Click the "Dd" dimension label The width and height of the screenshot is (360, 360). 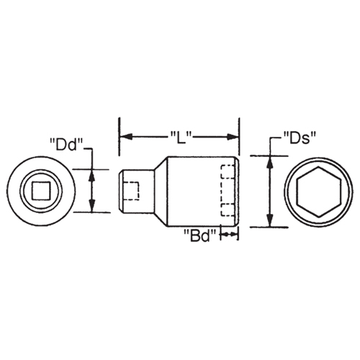pyautogui.click(x=65, y=143)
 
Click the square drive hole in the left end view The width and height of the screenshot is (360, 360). pyautogui.click(x=37, y=190)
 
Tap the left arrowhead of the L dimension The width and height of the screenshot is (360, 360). pyautogui.click(x=123, y=135)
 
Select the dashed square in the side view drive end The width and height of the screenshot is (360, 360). pyautogui.click(x=132, y=190)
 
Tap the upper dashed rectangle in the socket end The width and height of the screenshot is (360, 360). pyautogui.click(x=228, y=174)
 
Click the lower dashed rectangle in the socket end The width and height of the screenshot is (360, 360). pyautogui.click(x=228, y=210)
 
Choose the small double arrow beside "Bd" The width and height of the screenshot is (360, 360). pyautogui.click(x=229, y=235)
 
